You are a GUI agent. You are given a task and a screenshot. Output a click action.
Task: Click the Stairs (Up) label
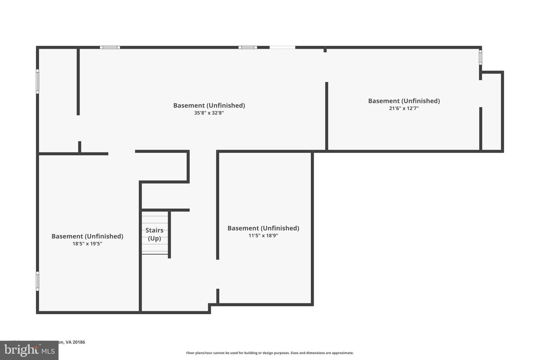tap(154, 234)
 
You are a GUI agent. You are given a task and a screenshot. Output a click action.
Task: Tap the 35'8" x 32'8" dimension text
tap(209, 113)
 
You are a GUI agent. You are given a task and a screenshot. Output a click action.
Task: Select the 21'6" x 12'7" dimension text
tap(403, 108)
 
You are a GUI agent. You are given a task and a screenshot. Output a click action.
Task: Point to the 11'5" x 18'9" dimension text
tap(263, 235)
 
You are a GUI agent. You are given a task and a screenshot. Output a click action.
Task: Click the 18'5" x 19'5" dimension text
tap(87, 244)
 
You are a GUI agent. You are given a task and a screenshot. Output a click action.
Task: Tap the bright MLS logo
tap(29, 351)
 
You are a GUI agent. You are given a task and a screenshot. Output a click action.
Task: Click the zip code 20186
tap(79, 342)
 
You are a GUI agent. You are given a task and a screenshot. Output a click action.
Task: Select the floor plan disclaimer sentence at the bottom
tap(270, 353)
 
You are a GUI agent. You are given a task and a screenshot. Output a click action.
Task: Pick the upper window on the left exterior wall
tap(37, 81)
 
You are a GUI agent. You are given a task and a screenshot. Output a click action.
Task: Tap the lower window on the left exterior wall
tap(37, 281)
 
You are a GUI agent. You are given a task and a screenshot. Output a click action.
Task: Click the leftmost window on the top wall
tap(110, 48)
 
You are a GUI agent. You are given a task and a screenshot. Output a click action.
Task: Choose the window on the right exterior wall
tap(480, 58)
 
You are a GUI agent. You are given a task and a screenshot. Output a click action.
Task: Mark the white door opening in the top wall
tap(282, 48)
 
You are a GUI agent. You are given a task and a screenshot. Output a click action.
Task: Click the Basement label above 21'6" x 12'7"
tap(403, 101)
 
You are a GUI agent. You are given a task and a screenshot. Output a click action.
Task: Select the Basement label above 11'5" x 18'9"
tap(263, 228)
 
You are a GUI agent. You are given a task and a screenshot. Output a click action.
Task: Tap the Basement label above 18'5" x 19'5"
tap(87, 236)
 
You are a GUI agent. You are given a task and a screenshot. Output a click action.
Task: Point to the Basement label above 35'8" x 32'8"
tap(209, 105)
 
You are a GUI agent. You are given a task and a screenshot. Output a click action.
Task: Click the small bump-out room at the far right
tap(492, 112)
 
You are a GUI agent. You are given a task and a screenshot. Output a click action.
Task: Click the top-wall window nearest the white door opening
tap(247, 48)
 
